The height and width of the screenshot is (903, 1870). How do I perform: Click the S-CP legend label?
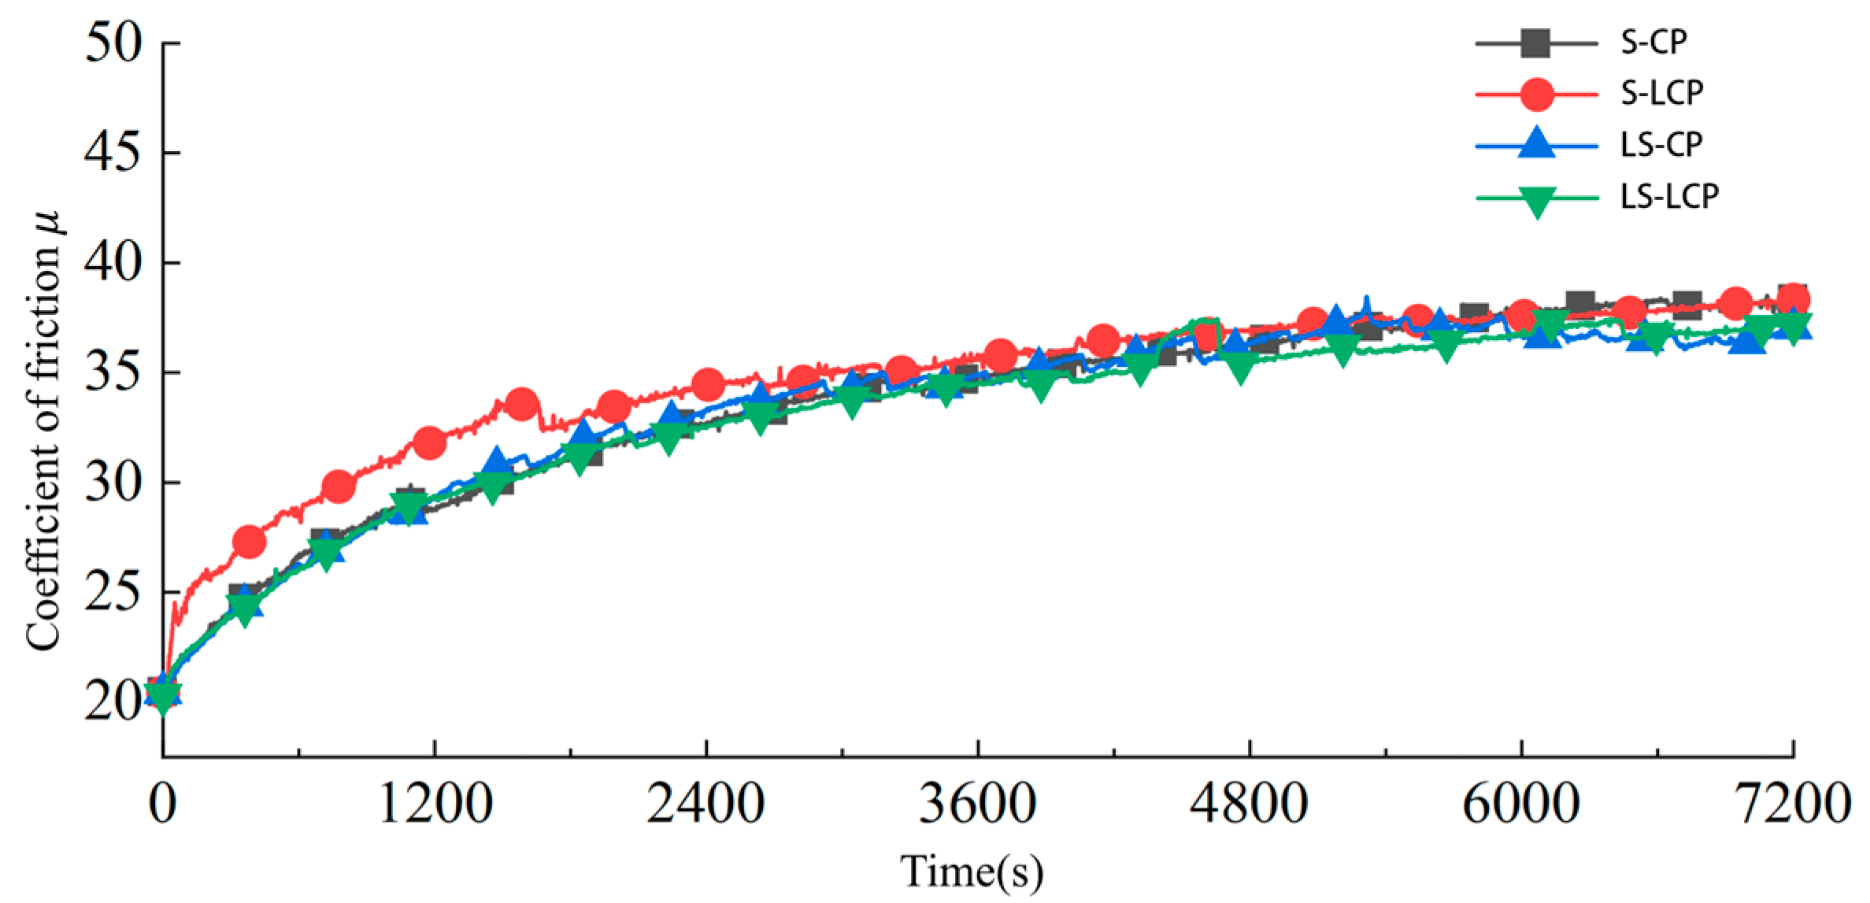(x=1653, y=43)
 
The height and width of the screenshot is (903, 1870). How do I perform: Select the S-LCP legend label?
(x=1661, y=94)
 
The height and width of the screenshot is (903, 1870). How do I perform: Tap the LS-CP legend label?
(x=1661, y=145)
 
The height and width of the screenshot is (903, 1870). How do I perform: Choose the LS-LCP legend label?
(x=1669, y=196)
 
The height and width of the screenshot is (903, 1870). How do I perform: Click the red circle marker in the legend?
(x=1536, y=94)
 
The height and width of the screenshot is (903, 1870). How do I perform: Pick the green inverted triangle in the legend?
(x=1536, y=200)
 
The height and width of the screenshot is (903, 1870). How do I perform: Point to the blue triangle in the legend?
(x=1536, y=143)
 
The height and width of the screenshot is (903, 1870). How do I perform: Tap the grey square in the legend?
(x=1536, y=43)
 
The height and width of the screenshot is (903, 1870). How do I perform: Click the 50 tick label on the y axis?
(x=113, y=43)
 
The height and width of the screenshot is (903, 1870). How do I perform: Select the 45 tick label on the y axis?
(x=113, y=153)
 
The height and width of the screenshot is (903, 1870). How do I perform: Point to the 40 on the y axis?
(x=113, y=263)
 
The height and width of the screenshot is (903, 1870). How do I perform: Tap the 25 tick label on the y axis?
(x=113, y=593)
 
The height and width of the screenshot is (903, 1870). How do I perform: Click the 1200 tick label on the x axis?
(x=435, y=805)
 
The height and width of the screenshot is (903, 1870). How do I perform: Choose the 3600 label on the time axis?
(x=978, y=805)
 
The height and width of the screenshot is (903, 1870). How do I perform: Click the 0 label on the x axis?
(x=162, y=805)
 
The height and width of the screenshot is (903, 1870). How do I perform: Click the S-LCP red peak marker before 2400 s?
(x=521, y=405)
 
